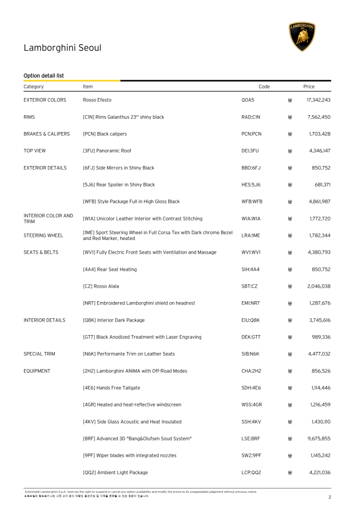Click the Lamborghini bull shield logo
(302, 36)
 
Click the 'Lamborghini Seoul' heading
(62, 48)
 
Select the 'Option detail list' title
(44, 75)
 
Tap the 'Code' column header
(264, 86)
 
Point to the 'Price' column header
(309, 86)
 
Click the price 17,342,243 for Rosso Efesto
(319, 100)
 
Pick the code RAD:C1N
(251, 117)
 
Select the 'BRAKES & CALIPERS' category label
(46, 134)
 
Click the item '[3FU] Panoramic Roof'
(107, 151)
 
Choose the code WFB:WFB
(252, 201)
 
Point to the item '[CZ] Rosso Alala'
(101, 286)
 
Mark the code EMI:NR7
(251, 303)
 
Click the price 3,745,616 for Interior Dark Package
(319, 320)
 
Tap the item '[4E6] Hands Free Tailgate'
(111, 388)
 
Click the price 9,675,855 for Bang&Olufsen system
(319, 439)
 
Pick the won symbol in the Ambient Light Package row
(290, 473)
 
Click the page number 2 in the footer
(330, 497)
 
